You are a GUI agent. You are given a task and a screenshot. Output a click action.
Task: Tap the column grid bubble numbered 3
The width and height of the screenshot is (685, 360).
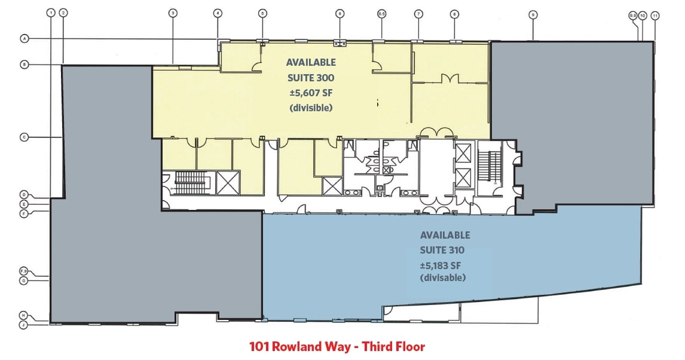[172, 13]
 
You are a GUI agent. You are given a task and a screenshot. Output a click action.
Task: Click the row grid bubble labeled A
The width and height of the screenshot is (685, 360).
[25, 39]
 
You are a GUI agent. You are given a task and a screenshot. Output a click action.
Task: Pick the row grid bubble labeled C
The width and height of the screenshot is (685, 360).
[25, 137]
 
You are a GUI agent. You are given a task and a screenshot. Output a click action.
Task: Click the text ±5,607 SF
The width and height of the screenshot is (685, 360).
[311, 93]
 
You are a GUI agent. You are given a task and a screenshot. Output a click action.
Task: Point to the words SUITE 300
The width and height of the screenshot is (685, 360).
[311, 78]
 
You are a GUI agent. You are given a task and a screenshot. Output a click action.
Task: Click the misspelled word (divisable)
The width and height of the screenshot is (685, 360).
[444, 278]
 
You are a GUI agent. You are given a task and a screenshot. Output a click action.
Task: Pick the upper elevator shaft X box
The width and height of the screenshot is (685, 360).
[463, 152]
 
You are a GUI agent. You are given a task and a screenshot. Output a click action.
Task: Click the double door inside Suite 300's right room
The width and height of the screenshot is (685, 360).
[450, 78]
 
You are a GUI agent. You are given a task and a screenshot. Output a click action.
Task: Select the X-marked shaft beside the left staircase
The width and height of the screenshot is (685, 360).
[228, 182]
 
